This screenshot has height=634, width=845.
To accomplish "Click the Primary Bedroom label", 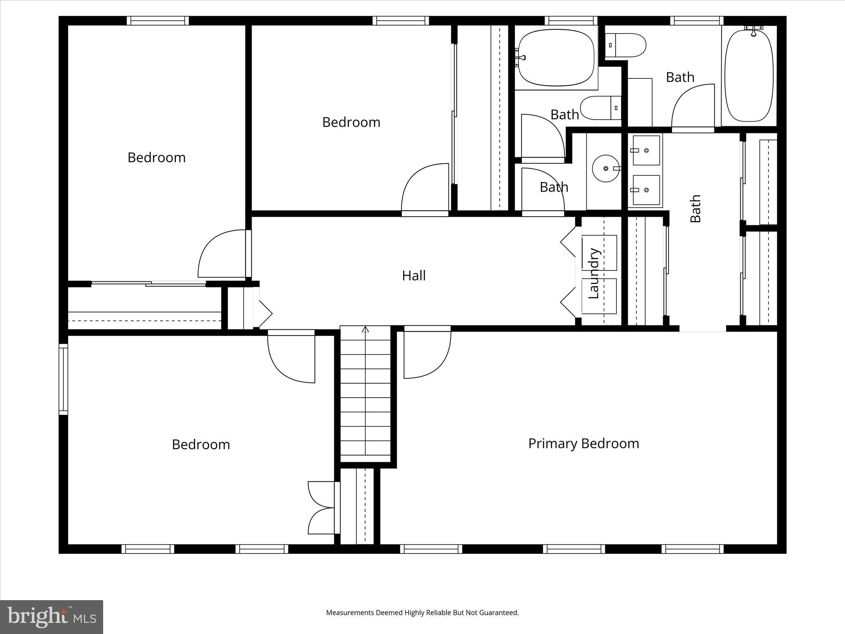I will [x=583, y=443].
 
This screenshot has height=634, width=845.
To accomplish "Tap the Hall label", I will [x=413, y=275].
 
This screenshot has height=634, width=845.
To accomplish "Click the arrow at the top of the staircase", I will [x=365, y=329].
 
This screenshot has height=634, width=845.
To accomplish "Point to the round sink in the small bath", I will [x=606, y=168].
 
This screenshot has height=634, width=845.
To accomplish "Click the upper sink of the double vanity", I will [x=646, y=150].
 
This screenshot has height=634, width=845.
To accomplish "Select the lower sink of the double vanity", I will [x=646, y=190].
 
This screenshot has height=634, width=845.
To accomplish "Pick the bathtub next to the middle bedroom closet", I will [x=556, y=58].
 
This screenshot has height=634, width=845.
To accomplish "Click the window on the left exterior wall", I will [x=63, y=379].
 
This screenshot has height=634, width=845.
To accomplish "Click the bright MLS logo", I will [x=52, y=617].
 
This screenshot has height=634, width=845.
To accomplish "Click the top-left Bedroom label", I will [x=156, y=157].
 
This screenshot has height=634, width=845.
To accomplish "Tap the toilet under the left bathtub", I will [x=600, y=108].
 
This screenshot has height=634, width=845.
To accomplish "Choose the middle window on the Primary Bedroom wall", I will [x=574, y=549].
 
